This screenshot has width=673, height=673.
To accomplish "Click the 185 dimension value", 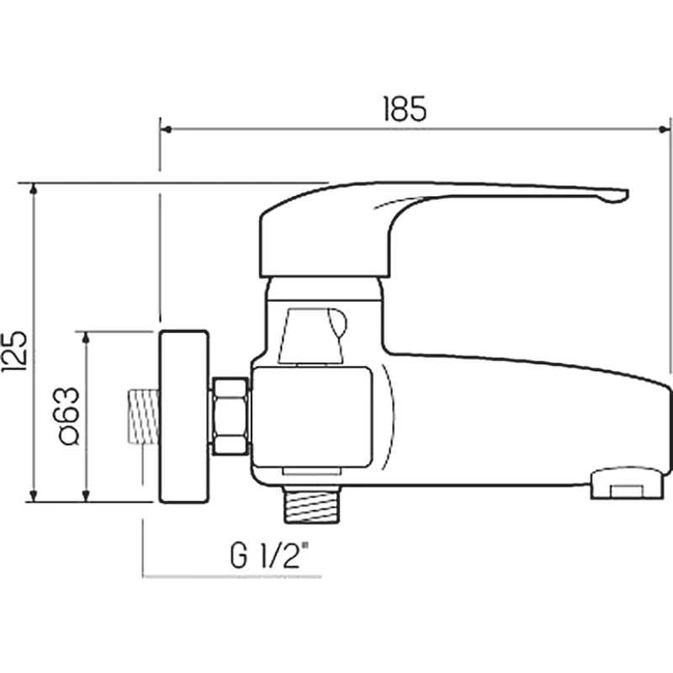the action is pyautogui.click(x=405, y=109).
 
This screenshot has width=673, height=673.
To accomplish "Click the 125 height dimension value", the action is pyautogui.click(x=14, y=352).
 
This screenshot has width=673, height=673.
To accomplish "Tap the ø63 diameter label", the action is pyautogui.click(x=69, y=416).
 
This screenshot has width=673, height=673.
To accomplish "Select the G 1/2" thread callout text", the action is pyautogui.click(x=269, y=555).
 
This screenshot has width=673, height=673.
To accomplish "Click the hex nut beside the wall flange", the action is pyautogui.click(x=231, y=416).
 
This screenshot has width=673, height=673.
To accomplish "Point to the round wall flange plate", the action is pyautogui.click(x=183, y=416).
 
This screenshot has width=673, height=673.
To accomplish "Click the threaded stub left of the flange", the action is pyautogui.click(x=143, y=416).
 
